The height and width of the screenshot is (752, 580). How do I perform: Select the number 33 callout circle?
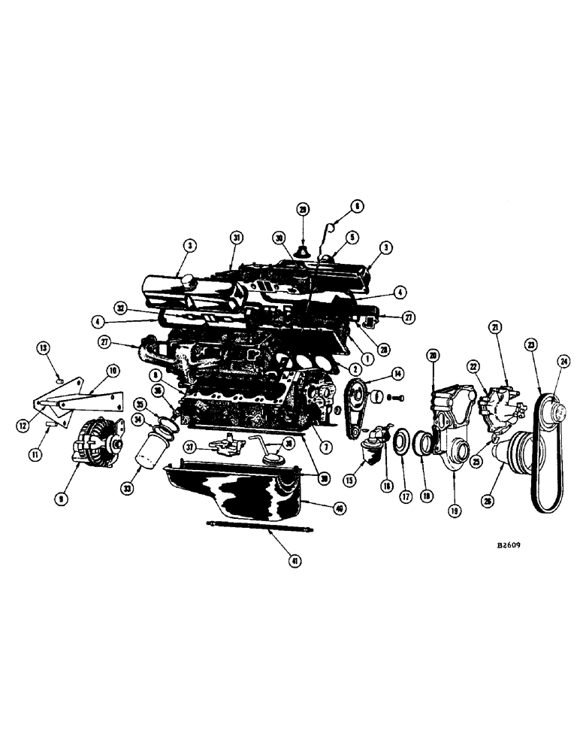click(128, 487)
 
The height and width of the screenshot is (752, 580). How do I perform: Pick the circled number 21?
click(495, 326)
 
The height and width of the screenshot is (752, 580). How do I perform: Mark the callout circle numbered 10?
click(113, 369)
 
